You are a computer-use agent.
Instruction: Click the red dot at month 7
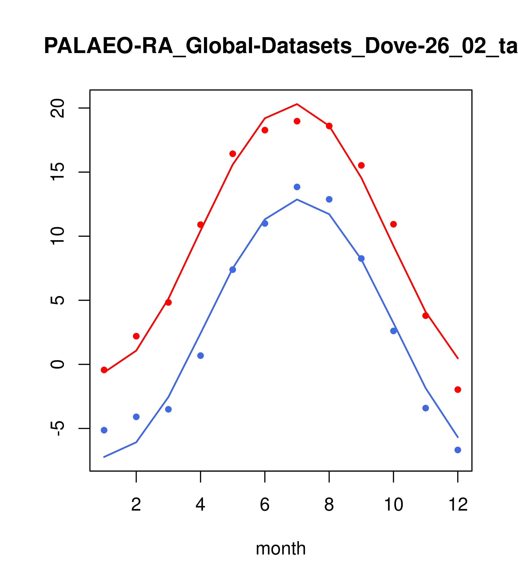pyautogui.click(x=297, y=121)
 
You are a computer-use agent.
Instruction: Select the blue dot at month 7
pyautogui.click(x=297, y=187)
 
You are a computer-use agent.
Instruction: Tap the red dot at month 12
pyautogui.click(x=457, y=390)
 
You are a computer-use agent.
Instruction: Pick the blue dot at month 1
pyautogui.click(x=104, y=430)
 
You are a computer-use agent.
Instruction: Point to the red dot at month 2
pyautogui.click(x=136, y=336)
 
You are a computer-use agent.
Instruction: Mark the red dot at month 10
pyautogui.click(x=393, y=224)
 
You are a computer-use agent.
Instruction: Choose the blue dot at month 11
pyautogui.click(x=426, y=408)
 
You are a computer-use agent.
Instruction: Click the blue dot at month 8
pyautogui.click(x=329, y=199)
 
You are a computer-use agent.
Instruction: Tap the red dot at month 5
pyautogui.click(x=233, y=154)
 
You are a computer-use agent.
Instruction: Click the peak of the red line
pyautogui.click(x=297, y=104)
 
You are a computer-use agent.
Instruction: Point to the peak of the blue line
pyautogui.click(x=297, y=199)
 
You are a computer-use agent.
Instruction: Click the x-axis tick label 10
pyautogui.click(x=393, y=505)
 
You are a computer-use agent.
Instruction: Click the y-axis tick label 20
pyautogui.click(x=57, y=108)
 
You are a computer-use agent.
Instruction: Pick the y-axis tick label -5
pyautogui.click(x=57, y=429)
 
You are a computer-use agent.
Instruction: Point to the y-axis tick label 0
pyautogui.click(x=57, y=364)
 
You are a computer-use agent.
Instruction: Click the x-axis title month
pyautogui.click(x=281, y=548)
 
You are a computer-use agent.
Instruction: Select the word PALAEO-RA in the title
pyautogui.click(x=108, y=46)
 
